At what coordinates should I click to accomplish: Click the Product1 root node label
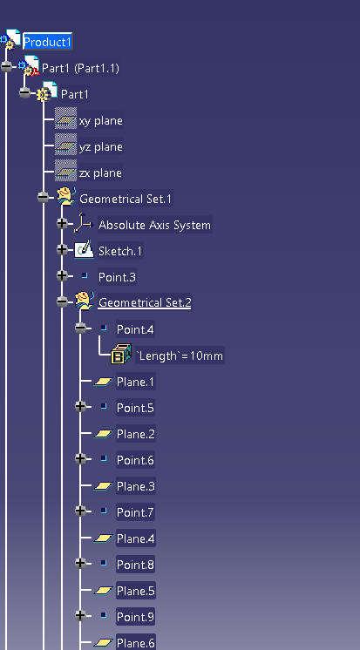[x=47, y=42]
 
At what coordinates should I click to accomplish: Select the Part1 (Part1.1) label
[x=80, y=69]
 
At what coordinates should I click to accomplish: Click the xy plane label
[x=101, y=120]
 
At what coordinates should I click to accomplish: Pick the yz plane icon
[x=65, y=146]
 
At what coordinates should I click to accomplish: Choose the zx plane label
[x=101, y=173]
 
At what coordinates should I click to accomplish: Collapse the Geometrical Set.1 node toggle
[x=43, y=198]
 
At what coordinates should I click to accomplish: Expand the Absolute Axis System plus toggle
[x=62, y=224]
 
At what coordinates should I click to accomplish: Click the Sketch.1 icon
[x=85, y=250]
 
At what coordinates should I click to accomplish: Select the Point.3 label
[x=117, y=277]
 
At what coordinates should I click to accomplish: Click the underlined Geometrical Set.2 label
[x=145, y=302]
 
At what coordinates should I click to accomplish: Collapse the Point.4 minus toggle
[x=80, y=328]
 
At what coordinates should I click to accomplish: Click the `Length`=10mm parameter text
[x=180, y=355]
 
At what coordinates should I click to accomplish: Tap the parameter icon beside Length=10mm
[x=121, y=354]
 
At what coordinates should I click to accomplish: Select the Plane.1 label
[x=135, y=382]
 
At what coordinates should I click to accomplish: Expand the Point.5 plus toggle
[x=80, y=406]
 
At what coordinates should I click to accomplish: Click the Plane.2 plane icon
[x=103, y=434]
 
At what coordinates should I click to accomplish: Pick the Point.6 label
[x=135, y=460]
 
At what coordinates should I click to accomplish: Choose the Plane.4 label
[x=136, y=538]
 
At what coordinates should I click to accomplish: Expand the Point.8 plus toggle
[x=80, y=563]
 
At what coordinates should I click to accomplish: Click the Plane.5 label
[x=136, y=591]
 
